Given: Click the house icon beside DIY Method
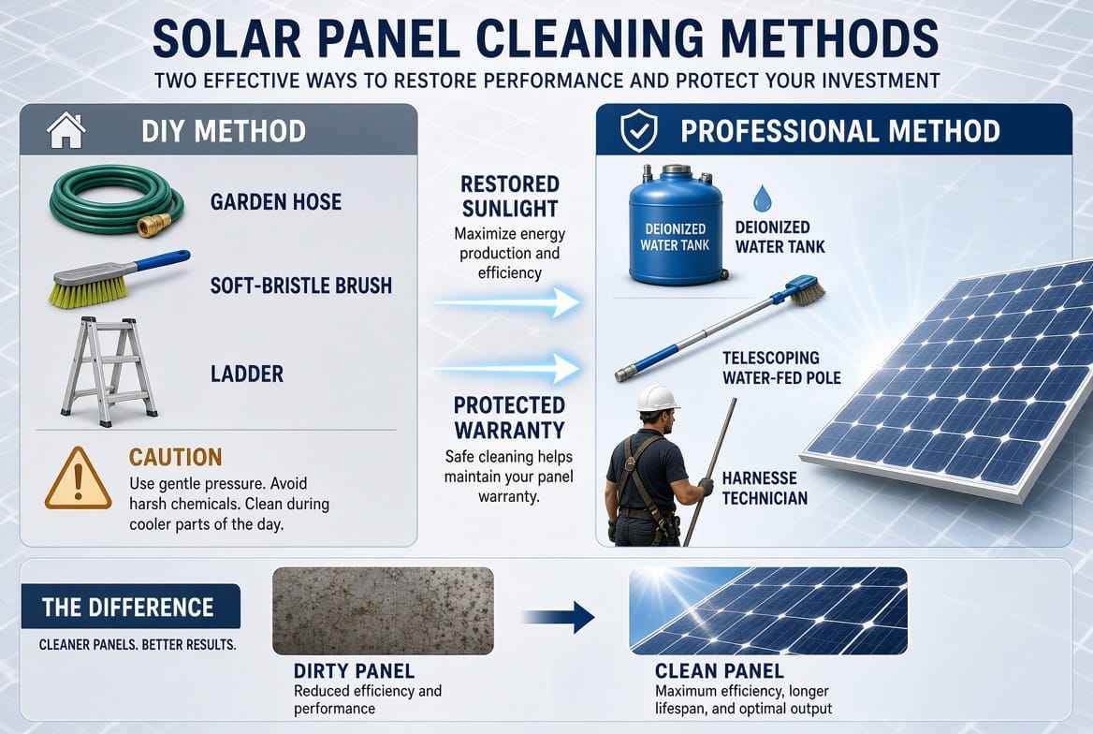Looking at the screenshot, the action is click(x=66, y=130).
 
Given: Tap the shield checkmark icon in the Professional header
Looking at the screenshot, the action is click(x=638, y=130).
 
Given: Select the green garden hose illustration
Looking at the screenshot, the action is click(x=116, y=201).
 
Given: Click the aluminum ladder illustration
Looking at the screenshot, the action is click(x=108, y=371).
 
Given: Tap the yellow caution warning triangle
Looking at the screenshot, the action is click(x=78, y=478).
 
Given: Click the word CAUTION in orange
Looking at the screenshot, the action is click(x=176, y=457).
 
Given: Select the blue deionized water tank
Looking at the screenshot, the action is click(x=678, y=225).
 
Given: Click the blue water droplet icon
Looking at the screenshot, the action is click(x=763, y=198).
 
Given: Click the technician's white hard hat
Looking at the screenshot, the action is click(x=657, y=399).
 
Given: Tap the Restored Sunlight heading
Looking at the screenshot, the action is click(x=510, y=196).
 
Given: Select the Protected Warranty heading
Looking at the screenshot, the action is click(x=509, y=418).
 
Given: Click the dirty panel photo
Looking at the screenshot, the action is click(x=383, y=610).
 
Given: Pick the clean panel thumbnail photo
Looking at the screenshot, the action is click(x=767, y=610).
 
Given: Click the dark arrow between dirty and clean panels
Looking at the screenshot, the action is click(x=559, y=617).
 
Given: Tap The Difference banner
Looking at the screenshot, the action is click(x=131, y=607).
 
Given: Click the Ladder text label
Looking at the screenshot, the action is click(x=247, y=374).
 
